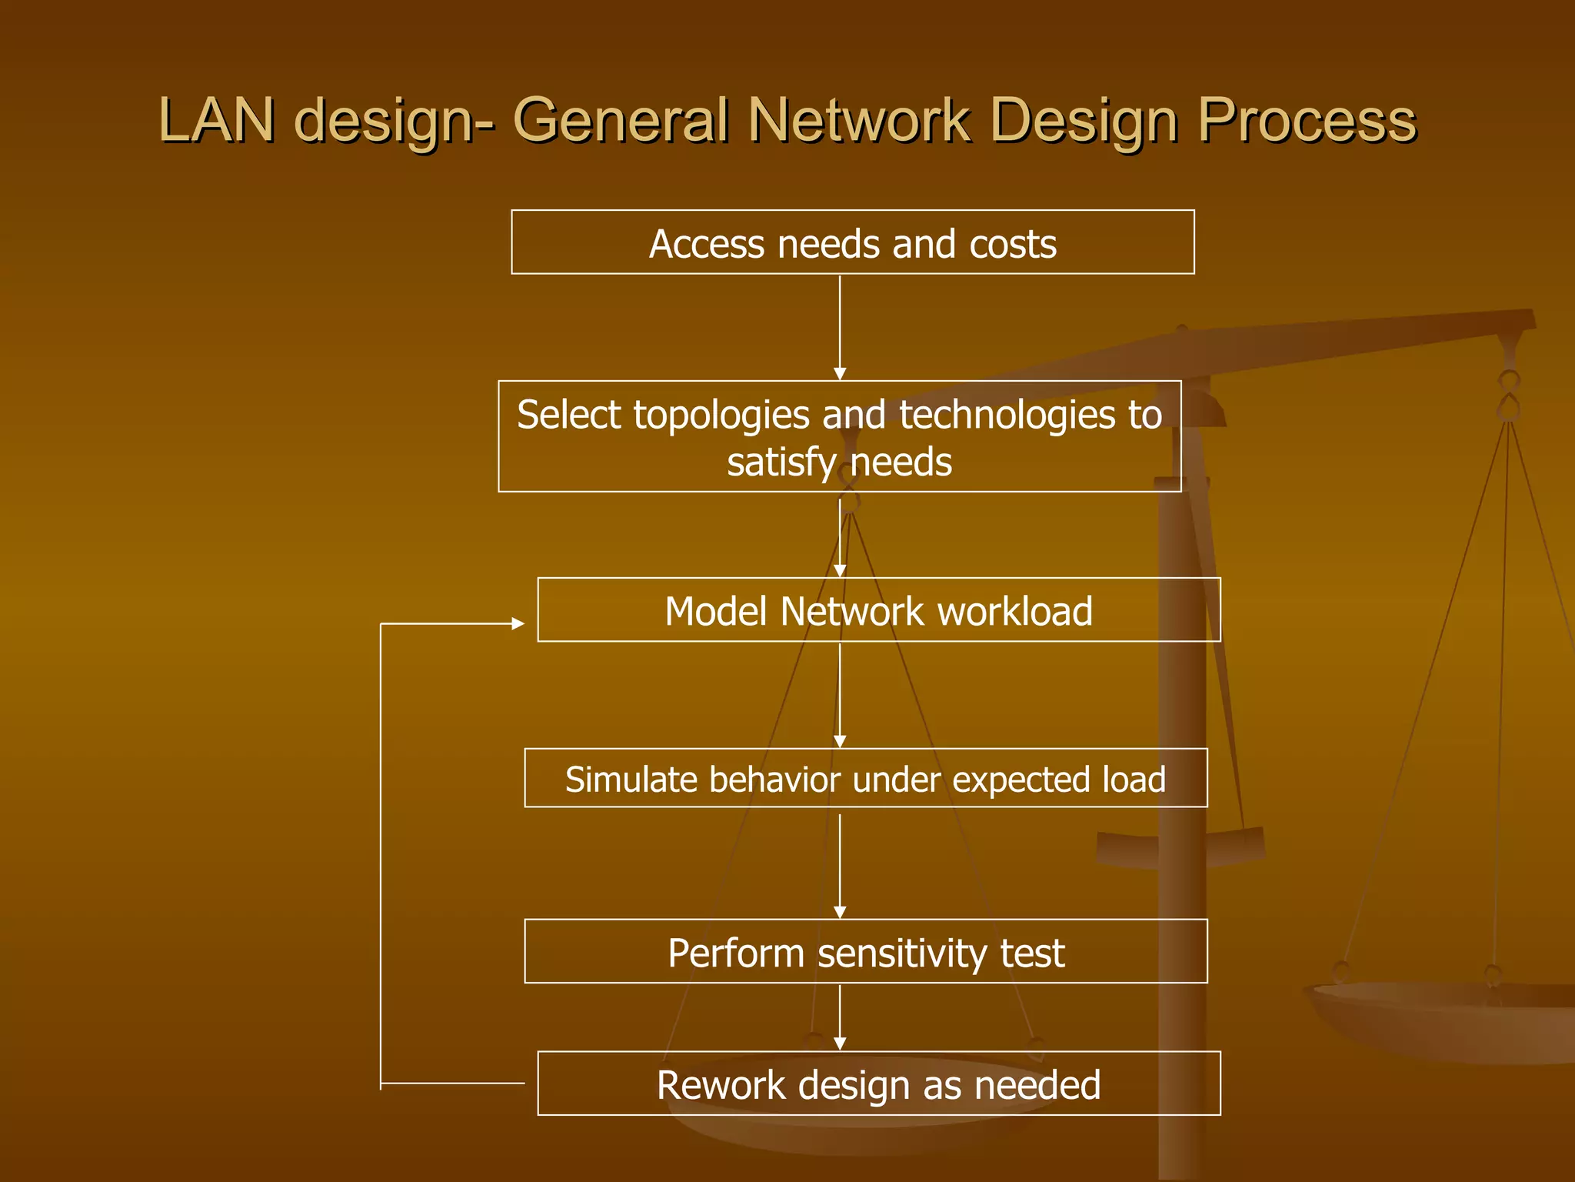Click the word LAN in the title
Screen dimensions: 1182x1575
point(216,120)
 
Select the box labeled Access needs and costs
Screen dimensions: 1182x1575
point(852,242)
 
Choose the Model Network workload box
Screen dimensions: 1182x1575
point(878,610)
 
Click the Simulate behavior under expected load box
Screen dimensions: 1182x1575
point(865,778)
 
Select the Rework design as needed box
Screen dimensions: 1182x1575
point(878,1083)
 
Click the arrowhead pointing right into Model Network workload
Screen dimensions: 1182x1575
point(518,623)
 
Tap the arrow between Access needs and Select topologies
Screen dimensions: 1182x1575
point(840,327)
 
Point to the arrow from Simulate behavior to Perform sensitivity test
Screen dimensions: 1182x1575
point(840,865)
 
